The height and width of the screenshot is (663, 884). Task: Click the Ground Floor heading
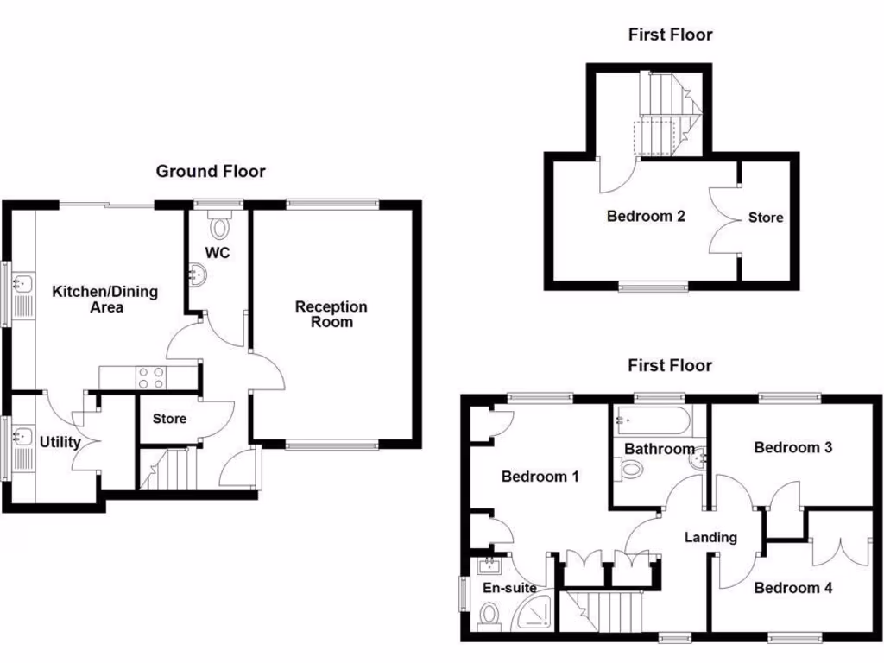[x=211, y=172]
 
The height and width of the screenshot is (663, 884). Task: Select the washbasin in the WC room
[x=198, y=275]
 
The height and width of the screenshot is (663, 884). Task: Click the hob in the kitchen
[x=151, y=376]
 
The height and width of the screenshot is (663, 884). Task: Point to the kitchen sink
[x=22, y=282]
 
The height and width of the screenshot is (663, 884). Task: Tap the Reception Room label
[x=331, y=314]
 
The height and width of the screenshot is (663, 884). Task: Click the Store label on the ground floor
[x=169, y=420]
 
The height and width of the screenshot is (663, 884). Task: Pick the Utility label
[x=60, y=443]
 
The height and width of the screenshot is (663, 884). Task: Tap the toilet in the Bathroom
[x=631, y=470]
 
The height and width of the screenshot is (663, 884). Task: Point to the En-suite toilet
[x=489, y=616]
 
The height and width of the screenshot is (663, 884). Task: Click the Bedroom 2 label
[x=646, y=216]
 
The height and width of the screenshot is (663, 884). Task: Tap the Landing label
[x=710, y=537]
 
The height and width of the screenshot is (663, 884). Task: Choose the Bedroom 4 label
[x=792, y=588]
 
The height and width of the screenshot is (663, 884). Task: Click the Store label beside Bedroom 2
[x=765, y=217]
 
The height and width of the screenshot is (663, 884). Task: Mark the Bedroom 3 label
[x=792, y=447]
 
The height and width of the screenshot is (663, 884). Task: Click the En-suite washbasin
[x=490, y=566]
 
